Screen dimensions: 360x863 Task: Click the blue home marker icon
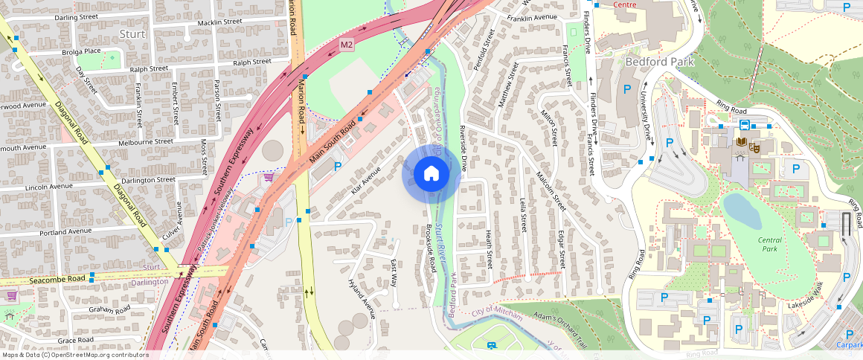click(431, 174)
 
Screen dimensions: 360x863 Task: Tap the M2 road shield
click(347, 45)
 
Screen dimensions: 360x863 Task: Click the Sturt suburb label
click(132, 34)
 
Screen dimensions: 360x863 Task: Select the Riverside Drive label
click(462, 153)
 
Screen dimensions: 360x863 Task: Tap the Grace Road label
click(76, 340)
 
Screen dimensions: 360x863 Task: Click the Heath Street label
click(489, 248)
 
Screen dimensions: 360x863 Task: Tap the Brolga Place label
click(82, 51)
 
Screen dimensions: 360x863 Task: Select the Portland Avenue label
click(66, 231)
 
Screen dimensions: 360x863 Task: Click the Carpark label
click(848, 345)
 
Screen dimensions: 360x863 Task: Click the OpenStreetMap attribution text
click(74, 355)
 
